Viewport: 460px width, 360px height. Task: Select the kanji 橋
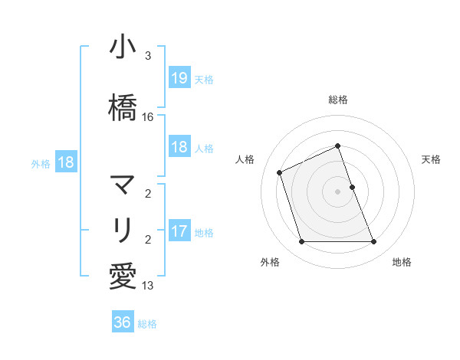coord(123,110)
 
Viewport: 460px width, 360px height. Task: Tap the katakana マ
coord(123,185)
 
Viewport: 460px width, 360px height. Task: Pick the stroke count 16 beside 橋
coord(148,117)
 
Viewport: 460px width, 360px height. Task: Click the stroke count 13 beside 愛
coord(148,286)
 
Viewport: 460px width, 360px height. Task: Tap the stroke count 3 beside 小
coord(148,56)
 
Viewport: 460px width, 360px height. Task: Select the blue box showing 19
coord(179,78)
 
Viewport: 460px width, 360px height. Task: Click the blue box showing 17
coord(179,231)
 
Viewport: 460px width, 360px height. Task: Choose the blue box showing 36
coord(123,322)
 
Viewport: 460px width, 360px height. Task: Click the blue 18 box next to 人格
coord(179,147)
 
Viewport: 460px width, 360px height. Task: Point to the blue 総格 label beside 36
coord(147,324)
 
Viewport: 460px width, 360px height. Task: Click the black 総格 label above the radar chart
coord(338,100)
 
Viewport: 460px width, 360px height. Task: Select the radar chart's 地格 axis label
coord(402,262)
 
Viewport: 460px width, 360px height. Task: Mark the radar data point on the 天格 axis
coord(352,187)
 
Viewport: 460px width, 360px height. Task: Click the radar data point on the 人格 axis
coord(281,172)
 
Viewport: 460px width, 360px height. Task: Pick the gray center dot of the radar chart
coord(338,191)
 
